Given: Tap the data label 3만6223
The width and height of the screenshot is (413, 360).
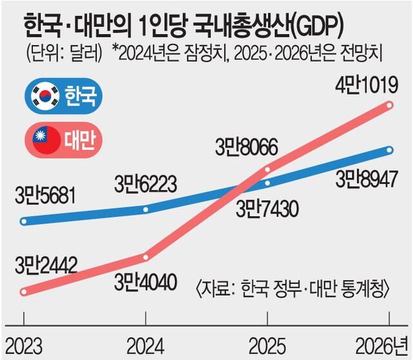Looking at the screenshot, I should [145, 184].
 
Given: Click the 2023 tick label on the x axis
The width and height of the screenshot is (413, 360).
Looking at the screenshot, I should [24, 343].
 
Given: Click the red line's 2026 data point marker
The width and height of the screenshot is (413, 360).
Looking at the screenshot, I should [390, 105].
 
